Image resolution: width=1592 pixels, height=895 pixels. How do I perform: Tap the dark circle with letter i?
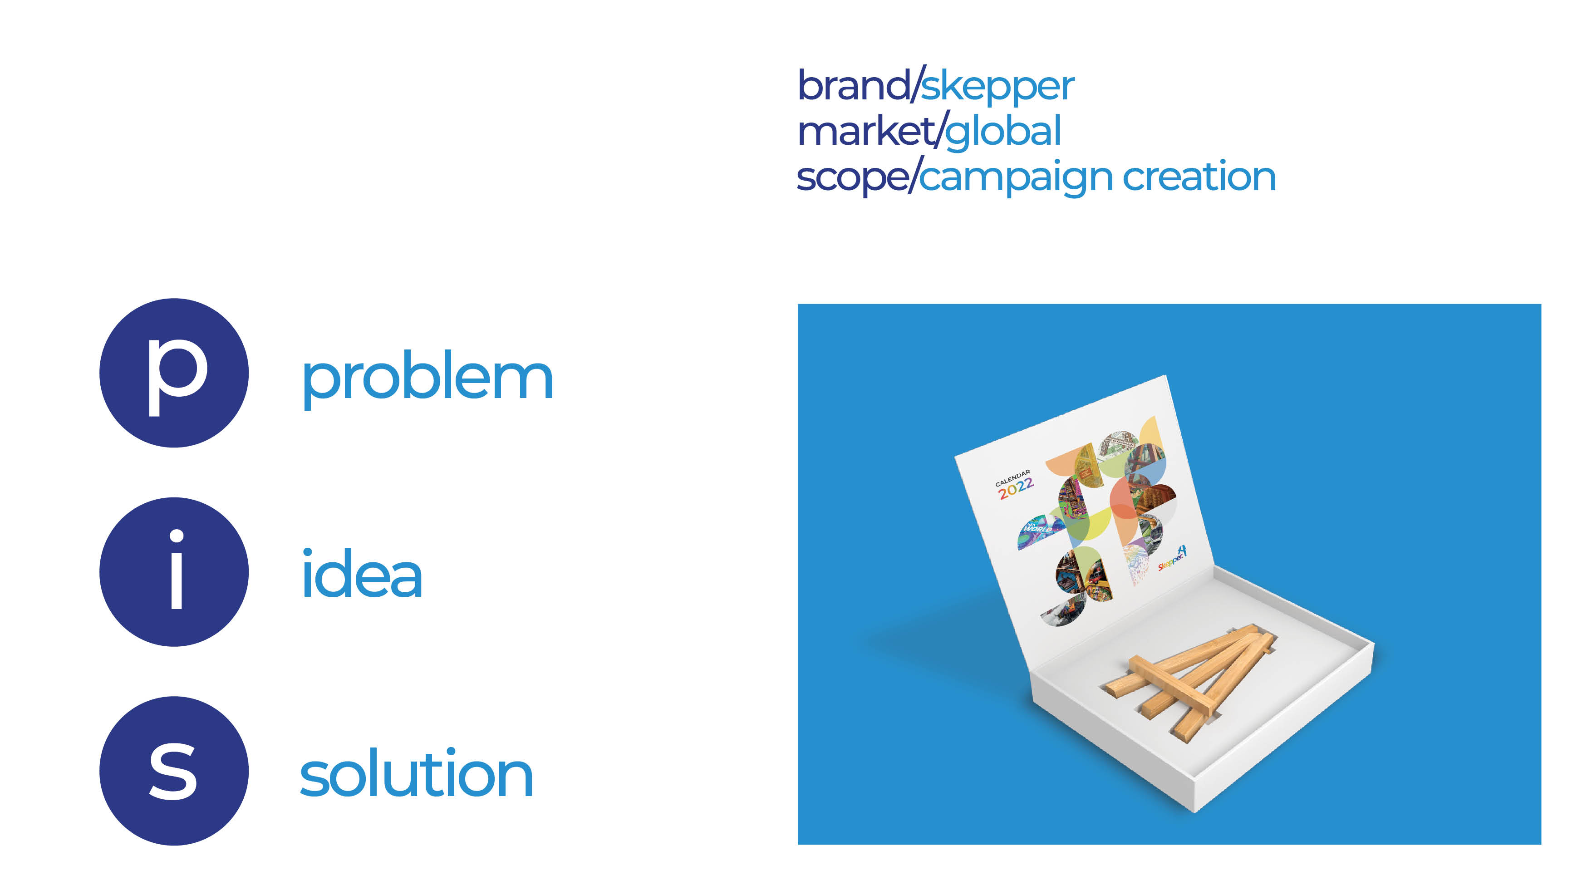(174, 572)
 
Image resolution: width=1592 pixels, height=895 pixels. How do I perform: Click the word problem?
(427, 377)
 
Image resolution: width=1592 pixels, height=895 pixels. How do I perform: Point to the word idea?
(362, 575)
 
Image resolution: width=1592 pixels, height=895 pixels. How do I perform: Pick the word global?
(1002, 132)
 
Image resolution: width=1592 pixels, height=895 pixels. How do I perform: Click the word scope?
(852, 178)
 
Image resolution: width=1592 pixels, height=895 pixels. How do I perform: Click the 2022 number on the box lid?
(1015, 488)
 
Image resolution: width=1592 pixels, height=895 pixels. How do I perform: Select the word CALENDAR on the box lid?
(1012, 477)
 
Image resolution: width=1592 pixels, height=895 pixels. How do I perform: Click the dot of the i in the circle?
(176, 535)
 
